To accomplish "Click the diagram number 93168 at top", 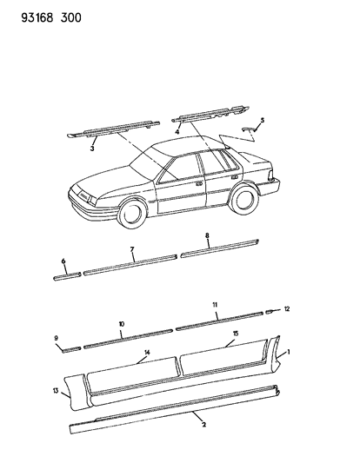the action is pyautogui.click(x=37, y=18).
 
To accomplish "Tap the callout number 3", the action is pyautogui.click(x=92, y=149).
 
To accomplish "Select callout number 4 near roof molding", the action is pyautogui.click(x=177, y=132).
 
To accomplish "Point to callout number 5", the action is pyautogui.click(x=262, y=120).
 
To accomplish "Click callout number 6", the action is pyautogui.click(x=63, y=261).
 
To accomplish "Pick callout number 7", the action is pyautogui.click(x=132, y=249).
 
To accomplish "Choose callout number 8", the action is pyautogui.click(x=207, y=235).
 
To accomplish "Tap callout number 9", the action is pyautogui.click(x=57, y=339).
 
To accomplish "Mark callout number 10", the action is pyautogui.click(x=122, y=324).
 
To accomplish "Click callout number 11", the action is pyautogui.click(x=215, y=304).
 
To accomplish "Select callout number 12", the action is pyautogui.click(x=287, y=309).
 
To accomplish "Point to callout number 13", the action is pyautogui.click(x=56, y=391).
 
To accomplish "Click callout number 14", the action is pyautogui.click(x=147, y=353).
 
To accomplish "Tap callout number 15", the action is pyautogui.click(x=236, y=334).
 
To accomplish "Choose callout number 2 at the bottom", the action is pyautogui.click(x=203, y=425).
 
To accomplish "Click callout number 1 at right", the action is pyautogui.click(x=289, y=352).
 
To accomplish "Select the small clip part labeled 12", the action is pyautogui.click(x=270, y=312).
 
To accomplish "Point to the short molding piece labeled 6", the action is pyautogui.click(x=67, y=276).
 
